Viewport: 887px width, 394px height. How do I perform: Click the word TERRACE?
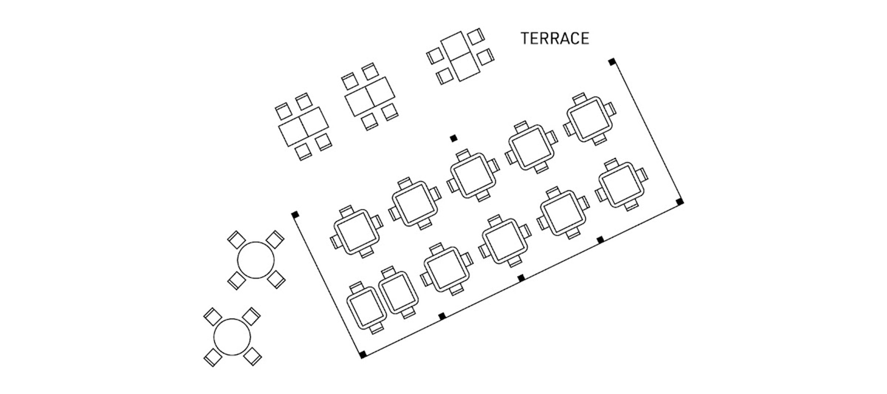pos(555,38)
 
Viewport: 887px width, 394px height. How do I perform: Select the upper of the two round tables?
pos(256,260)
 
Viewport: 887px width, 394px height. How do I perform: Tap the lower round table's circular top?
pos(233,336)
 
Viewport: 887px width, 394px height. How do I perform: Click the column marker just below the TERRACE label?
pos(612,62)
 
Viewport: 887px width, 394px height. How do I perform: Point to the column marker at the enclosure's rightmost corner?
pos(680,201)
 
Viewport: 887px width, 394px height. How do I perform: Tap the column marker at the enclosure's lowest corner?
pos(363,354)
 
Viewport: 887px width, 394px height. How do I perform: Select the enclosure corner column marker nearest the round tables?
pos(295,214)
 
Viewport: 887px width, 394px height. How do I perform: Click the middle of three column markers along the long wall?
pos(521,278)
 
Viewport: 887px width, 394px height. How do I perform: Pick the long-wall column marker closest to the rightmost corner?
pos(600,240)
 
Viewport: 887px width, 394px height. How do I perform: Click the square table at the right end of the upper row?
pos(590,119)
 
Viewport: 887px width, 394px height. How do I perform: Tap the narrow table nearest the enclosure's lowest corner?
pos(366,307)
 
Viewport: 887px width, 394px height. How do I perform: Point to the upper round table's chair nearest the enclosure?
pos(275,239)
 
